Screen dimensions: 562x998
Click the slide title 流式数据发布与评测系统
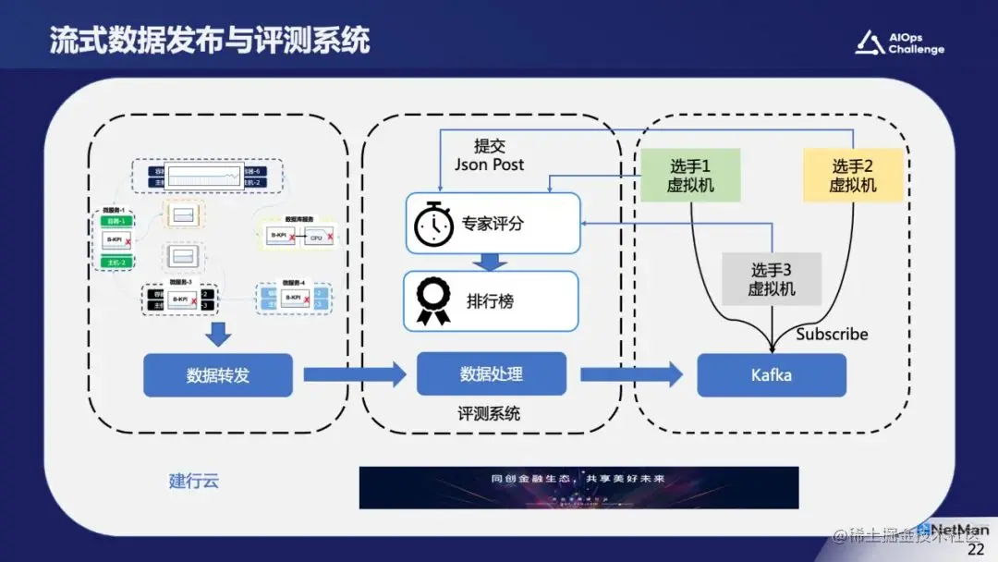[x=210, y=40]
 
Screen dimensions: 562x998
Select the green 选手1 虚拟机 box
[x=690, y=175]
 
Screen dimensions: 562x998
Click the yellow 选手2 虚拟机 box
[x=852, y=175]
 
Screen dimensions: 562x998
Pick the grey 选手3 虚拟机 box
[x=772, y=278]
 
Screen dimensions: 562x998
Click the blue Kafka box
[x=772, y=375]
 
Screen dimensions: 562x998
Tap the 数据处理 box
[x=491, y=374]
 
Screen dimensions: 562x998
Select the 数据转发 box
[x=218, y=375]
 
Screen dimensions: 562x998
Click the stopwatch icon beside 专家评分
[x=432, y=225]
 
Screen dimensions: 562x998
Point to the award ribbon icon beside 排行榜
[x=432, y=301]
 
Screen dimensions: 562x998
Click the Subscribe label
[x=832, y=334]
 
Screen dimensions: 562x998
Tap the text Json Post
[x=489, y=165]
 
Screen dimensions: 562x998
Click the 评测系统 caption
[x=489, y=413]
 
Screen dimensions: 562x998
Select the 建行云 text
[x=194, y=481]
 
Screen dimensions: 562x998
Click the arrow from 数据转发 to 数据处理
[x=355, y=374]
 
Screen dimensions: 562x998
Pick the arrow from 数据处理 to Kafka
[x=631, y=374]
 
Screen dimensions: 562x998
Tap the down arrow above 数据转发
[x=218, y=334]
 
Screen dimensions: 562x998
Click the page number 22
[x=976, y=550]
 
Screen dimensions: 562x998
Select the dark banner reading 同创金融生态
[x=578, y=487]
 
